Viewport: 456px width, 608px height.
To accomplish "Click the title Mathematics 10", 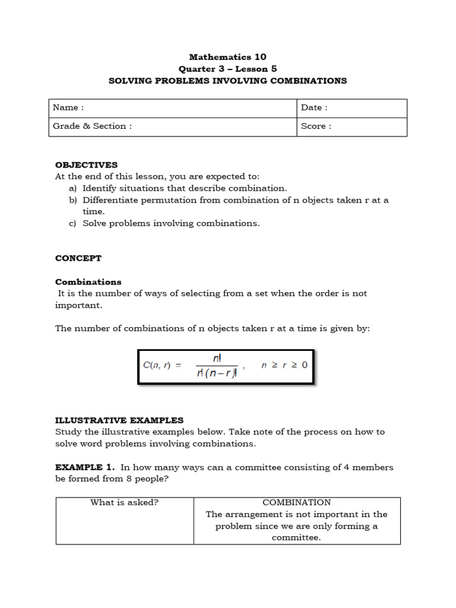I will (x=227, y=57).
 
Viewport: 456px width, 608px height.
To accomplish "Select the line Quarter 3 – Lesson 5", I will (x=227, y=69).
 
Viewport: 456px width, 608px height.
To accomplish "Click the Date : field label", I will (x=314, y=107).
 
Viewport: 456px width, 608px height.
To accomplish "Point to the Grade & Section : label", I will (x=92, y=126).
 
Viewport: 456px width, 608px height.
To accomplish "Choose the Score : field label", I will (x=316, y=126).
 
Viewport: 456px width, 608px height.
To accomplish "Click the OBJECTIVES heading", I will (x=86, y=165).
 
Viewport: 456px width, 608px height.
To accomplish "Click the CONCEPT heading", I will (x=78, y=258).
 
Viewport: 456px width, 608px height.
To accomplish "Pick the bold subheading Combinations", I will (x=88, y=282).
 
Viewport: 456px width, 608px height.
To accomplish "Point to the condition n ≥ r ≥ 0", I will (x=284, y=365).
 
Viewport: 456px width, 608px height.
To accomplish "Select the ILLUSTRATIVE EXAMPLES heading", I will (x=119, y=420).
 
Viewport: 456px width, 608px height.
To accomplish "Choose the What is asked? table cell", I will (x=124, y=502).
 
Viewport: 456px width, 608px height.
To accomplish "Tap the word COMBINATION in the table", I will (x=296, y=502).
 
